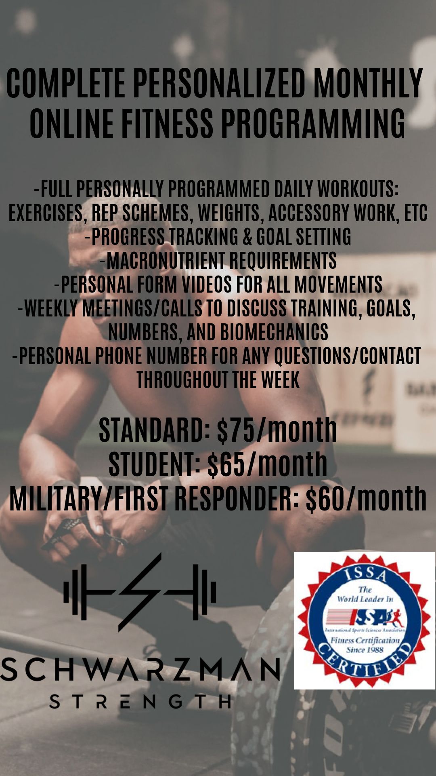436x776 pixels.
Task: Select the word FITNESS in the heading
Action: pyautogui.click(x=167, y=122)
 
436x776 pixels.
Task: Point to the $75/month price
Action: pyautogui.click(x=277, y=430)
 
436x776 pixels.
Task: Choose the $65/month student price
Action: pyautogui.click(x=267, y=464)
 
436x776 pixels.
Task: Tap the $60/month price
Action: pyautogui.click(x=366, y=498)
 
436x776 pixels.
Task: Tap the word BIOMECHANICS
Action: pyautogui.click(x=274, y=332)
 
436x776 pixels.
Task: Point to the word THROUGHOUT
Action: pyautogui.click(x=182, y=380)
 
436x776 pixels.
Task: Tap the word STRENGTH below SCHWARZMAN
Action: pyautogui.click(x=140, y=702)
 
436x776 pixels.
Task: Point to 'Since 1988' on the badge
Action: pyautogui.click(x=365, y=650)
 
